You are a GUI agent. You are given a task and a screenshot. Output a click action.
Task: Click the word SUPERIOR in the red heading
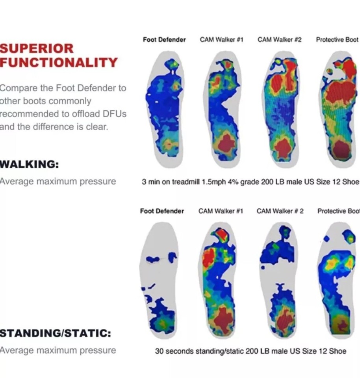pos(37,48)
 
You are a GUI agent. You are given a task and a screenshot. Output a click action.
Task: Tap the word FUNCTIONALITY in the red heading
pos(59,63)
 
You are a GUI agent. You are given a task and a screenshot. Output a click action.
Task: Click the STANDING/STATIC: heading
pos(55,334)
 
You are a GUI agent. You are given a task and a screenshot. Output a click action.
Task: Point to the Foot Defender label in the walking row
pos(164,40)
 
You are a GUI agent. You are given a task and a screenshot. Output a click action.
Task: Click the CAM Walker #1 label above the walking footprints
pos(222,40)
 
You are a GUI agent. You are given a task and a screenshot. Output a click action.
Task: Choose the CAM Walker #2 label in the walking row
pos(279,40)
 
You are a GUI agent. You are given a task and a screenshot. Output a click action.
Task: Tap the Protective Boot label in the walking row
pos(337,40)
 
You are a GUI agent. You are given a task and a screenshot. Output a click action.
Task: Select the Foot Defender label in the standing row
pos(162,211)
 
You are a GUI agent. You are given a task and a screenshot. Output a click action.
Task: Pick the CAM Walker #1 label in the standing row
pos(221,211)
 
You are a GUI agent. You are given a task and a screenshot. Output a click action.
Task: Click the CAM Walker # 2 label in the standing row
pos(280,211)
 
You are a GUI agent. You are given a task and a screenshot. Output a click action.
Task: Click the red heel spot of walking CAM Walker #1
pos(226,144)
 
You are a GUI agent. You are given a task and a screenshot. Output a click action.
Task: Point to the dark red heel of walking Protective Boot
pos(341,149)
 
